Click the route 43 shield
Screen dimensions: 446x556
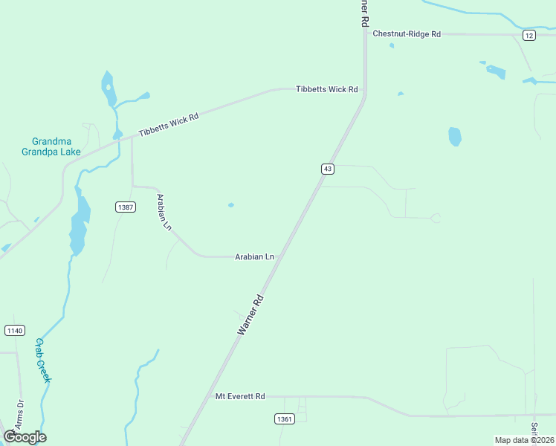(x=327, y=169)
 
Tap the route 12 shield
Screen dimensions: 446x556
(x=528, y=36)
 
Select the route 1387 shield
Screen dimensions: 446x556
(x=126, y=207)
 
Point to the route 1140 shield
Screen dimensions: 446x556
(x=14, y=330)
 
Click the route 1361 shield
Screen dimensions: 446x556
(x=284, y=418)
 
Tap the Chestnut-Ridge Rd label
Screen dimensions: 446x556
(x=407, y=34)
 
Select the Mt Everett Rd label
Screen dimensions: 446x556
(x=240, y=397)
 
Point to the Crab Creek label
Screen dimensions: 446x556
(x=44, y=361)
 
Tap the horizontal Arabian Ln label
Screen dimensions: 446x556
(x=254, y=256)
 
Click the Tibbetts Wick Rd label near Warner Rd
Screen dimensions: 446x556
(x=326, y=89)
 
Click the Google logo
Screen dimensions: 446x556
(x=25, y=437)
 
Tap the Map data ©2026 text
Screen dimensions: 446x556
(x=524, y=440)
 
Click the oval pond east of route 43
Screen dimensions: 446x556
(x=455, y=137)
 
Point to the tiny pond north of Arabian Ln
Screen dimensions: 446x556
(x=231, y=205)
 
